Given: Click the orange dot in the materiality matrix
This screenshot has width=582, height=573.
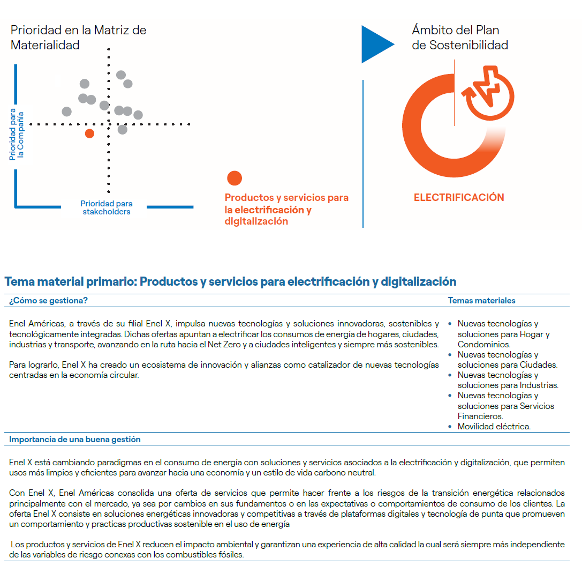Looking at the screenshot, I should click(89, 133).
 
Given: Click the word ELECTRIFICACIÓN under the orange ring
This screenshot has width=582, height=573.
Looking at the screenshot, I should click(459, 197).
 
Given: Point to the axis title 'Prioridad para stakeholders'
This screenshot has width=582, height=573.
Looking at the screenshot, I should click(107, 207).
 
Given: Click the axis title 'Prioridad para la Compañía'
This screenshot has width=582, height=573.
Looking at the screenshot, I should click(17, 135).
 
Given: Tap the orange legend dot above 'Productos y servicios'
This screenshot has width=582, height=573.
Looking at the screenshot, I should click(235, 178).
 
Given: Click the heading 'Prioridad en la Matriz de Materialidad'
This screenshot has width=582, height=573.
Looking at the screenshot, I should click(78, 38).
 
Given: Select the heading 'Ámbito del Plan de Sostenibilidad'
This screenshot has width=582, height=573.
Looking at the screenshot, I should click(459, 38).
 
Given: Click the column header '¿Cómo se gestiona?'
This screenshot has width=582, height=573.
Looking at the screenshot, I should click(48, 301).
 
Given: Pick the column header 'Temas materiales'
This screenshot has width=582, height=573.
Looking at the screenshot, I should click(481, 301).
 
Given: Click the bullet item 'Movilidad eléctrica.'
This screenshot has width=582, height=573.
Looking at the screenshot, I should click(494, 427).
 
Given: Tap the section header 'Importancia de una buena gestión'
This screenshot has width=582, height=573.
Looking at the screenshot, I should click(75, 440).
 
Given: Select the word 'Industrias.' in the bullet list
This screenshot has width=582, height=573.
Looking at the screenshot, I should click(539, 385).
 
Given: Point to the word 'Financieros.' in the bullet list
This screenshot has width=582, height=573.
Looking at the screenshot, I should click(480, 416).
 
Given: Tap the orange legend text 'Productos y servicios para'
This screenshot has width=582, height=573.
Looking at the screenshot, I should click(286, 198).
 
